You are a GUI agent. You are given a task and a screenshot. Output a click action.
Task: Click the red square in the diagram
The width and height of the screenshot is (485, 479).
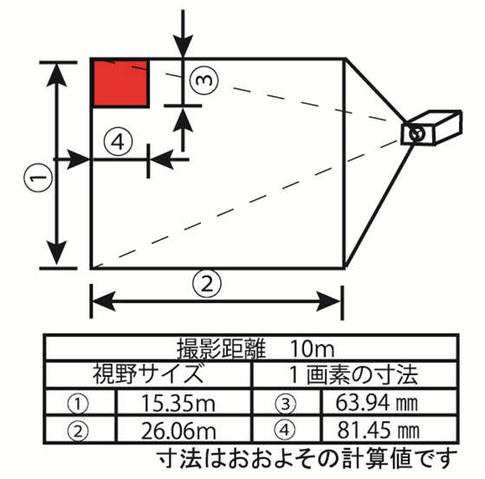pyautogui.click(x=120, y=82)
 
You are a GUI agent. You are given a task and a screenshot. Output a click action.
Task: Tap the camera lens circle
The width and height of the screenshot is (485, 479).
pyautogui.click(x=417, y=133)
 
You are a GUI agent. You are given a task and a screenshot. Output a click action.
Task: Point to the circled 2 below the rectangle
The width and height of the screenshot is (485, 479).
pyautogui.click(x=206, y=282)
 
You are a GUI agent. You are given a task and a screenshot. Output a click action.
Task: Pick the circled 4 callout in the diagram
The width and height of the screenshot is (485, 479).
pyautogui.click(x=119, y=140)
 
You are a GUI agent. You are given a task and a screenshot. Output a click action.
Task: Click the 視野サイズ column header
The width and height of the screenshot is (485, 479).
pyautogui.click(x=148, y=376)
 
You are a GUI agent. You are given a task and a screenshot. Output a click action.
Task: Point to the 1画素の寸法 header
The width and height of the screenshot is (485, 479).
pyautogui.click(x=353, y=376)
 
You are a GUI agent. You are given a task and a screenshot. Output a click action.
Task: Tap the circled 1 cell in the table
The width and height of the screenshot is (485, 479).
pyautogui.click(x=79, y=403)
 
